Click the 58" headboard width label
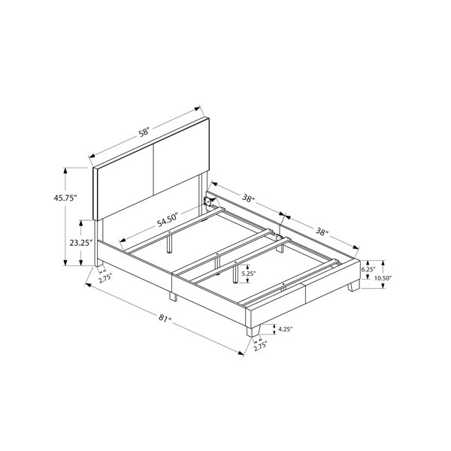pyautogui.click(x=144, y=132)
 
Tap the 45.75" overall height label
pyautogui.click(x=65, y=198)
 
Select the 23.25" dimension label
pyautogui.click(x=81, y=243)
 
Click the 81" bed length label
pyautogui.click(x=165, y=318)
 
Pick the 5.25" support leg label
pyautogui.click(x=249, y=274)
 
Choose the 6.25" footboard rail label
pyautogui.click(x=368, y=270)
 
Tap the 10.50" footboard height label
pyautogui.click(x=384, y=278)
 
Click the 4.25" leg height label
pyautogui.click(x=286, y=328)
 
